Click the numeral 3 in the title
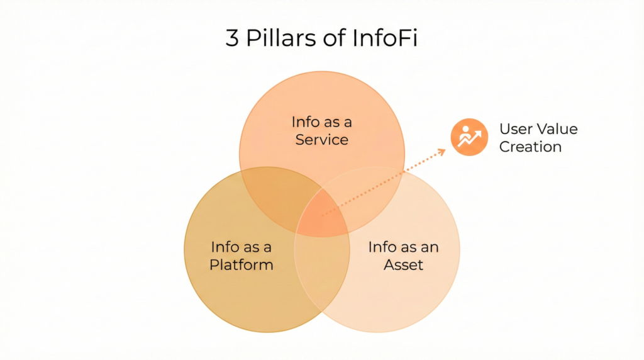click(x=233, y=39)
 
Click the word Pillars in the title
click(x=277, y=39)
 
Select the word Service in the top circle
click(x=322, y=139)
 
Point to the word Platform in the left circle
click(x=241, y=264)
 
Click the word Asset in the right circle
click(x=404, y=264)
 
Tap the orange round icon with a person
click(x=469, y=137)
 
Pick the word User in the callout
click(x=514, y=129)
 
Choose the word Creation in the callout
click(x=530, y=147)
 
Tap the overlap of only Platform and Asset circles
click(x=322, y=277)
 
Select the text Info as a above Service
click(x=322, y=122)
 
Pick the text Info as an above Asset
click(x=404, y=247)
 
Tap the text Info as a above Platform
click(x=241, y=247)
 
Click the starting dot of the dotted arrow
click(x=323, y=215)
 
